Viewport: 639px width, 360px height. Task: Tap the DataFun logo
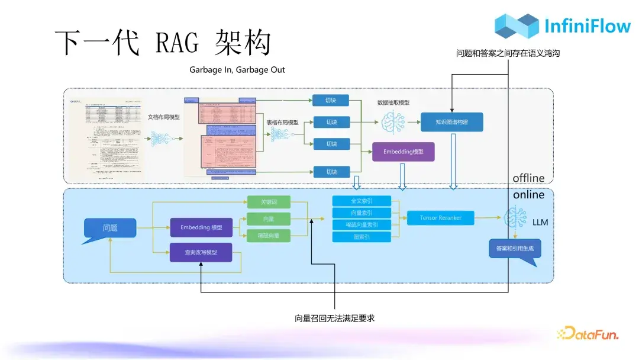(x=589, y=334)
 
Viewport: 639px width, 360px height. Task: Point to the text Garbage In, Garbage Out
(x=237, y=70)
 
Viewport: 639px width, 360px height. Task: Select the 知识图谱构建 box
(x=451, y=123)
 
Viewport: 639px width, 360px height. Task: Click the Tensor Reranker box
(x=440, y=218)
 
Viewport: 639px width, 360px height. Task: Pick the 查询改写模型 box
(x=201, y=252)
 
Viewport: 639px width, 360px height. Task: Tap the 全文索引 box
(x=362, y=201)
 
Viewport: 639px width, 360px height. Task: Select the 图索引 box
(x=362, y=237)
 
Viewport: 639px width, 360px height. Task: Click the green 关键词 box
(x=269, y=202)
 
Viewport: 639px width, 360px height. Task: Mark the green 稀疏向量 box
(x=269, y=236)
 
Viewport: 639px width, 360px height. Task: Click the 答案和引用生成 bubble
(x=514, y=249)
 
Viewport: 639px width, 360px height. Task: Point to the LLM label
(x=540, y=223)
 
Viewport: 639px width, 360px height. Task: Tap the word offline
(x=528, y=178)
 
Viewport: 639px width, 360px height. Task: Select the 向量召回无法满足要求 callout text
(x=335, y=319)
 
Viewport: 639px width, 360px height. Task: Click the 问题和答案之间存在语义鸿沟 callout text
(x=508, y=53)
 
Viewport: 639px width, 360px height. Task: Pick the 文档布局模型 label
(x=163, y=117)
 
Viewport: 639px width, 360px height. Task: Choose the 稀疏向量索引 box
(x=362, y=225)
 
